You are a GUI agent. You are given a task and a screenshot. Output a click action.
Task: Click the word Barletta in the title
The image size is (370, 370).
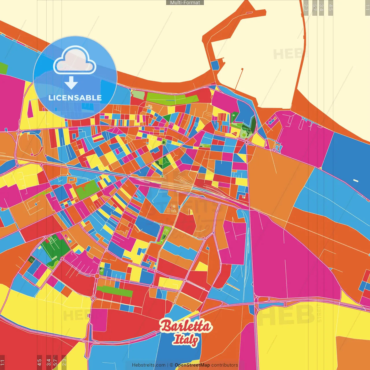pyautogui.click(x=186, y=326)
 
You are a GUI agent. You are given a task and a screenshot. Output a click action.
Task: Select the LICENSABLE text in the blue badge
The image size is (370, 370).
pyautogui.click(x=75, y=98)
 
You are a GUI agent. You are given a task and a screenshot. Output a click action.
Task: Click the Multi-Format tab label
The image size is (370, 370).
pyautogui.click(x=185, y=3)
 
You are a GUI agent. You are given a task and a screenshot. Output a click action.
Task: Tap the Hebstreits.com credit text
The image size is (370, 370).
pyautogui.click(x=149, y=365)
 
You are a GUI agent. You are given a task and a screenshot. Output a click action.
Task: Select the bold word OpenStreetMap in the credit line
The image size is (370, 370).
pyautogui.click(x=192, y=365)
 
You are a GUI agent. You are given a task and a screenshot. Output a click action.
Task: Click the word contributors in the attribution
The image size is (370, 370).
pyautogui.click(x=225, y=365)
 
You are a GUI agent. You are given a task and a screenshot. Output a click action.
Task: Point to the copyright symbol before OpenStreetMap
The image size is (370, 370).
pyautogui.click(x=171, y=365)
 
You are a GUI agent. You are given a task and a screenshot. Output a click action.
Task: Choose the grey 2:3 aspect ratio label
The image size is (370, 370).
pyautogui.click(x=306, y=8)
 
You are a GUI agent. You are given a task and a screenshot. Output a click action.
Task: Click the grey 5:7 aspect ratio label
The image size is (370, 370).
pyautogui.click(x=314, y=8)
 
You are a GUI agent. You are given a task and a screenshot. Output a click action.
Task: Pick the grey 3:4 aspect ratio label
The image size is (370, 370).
pyautogui.click(x=321, y=8)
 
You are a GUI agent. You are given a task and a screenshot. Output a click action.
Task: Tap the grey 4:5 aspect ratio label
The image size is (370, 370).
pyautogui.click(x=331, y=8)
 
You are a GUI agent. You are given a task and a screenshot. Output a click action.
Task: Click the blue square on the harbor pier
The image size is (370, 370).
pyautogui.click(x=215, y=65)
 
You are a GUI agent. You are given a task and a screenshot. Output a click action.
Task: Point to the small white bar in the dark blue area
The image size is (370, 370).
pyautogui.click(x=356, y=181)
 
